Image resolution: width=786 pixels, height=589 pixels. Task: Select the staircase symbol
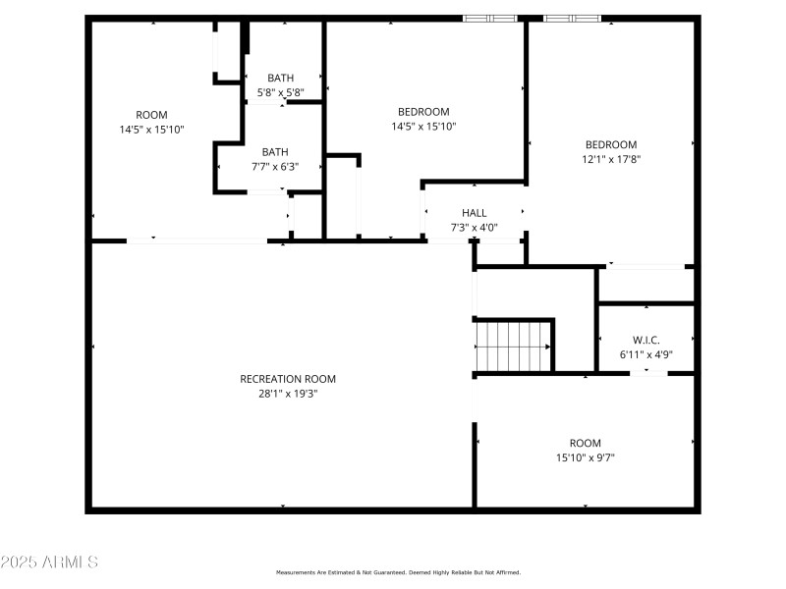[x=513, y=345]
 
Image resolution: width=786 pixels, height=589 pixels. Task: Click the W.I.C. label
[x=646, y=340]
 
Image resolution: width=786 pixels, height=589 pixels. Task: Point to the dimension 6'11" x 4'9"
[x=646, y=354]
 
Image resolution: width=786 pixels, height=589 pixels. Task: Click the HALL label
[x=475, y=213]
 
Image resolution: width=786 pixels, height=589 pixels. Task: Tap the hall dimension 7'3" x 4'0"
[x=475, y=228]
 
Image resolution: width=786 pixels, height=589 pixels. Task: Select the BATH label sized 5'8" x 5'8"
[x=281, y=79]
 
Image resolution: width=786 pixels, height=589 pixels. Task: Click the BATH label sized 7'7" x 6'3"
[x=275, y=152]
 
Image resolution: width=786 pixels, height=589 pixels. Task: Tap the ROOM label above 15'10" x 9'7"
[x=585, y=443]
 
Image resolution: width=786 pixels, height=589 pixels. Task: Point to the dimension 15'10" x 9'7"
[x=585, y=457]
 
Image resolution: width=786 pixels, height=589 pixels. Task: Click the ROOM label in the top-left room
[x=151, y=114]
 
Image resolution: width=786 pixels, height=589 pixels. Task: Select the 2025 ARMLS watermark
[x=49, y=562]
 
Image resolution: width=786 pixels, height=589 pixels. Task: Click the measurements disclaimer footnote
[x=398, y=572]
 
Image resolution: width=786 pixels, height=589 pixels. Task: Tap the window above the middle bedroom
[x=490, y=17]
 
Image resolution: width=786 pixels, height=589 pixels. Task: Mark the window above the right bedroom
[x=572, y=17]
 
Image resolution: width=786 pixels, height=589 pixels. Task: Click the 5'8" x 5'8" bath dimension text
[x=281, y=92]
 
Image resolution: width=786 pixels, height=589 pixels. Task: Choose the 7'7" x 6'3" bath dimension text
[x=275, y=167]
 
